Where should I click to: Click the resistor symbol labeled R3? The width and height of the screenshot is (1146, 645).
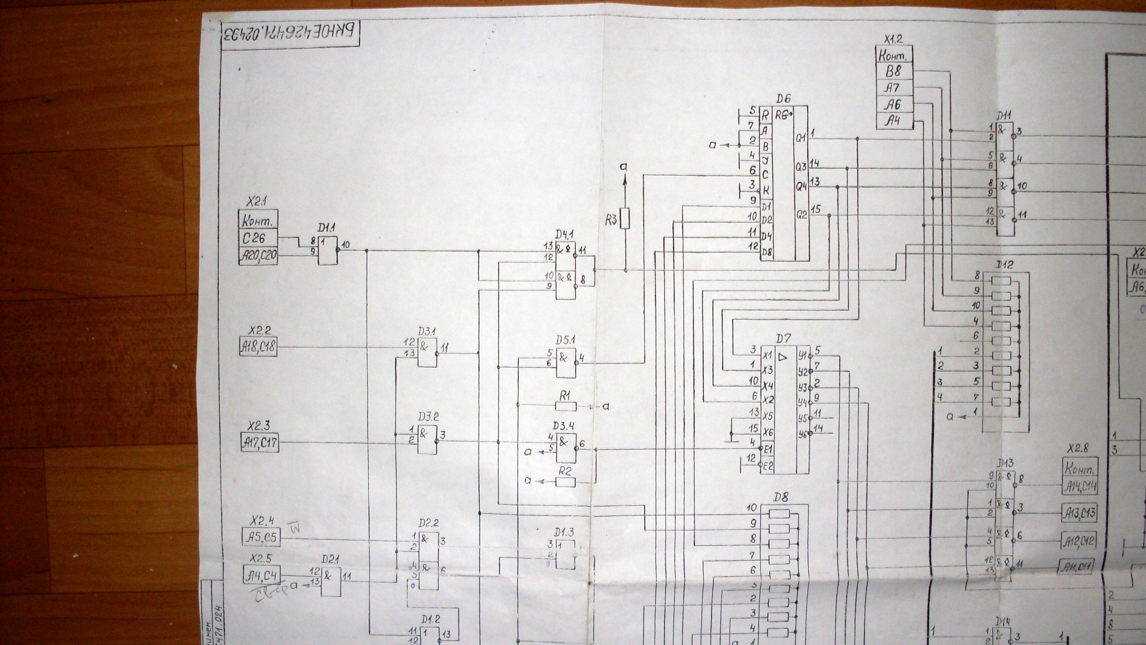coord(625,218)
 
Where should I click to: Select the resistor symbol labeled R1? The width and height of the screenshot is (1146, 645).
coord(566,406)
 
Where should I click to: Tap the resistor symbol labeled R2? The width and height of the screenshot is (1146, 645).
coord(566,482)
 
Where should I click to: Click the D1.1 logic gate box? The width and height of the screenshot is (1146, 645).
coord(328,250)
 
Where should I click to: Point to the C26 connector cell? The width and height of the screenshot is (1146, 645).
coord(258,239)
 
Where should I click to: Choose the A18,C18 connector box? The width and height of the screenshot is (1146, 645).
coord(258,347)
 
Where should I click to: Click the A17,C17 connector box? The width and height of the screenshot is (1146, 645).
coord(260,442)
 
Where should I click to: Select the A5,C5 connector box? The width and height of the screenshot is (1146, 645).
coord(261,537)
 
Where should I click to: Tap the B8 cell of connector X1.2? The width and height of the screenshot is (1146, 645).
coord(894,71)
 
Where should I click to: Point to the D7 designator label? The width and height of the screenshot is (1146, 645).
coord(783,340)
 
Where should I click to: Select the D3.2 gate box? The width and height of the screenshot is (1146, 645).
coord(427,440)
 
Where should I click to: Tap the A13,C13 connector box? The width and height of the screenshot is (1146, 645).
coord(1079,514)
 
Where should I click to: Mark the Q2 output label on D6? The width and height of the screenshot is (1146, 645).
coord(801,215)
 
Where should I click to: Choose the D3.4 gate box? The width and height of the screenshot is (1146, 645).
coord(566,447)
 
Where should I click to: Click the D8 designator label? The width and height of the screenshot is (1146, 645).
coord(781,497)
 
